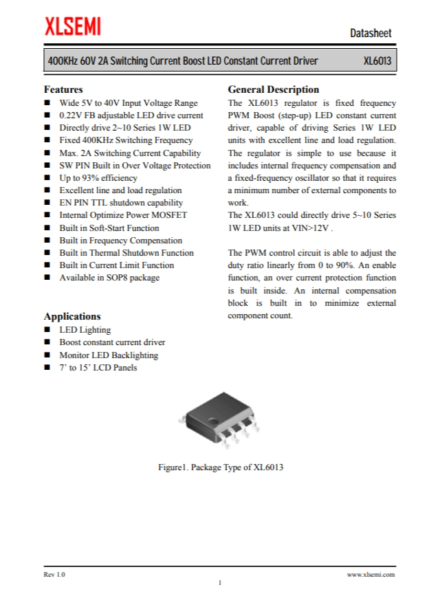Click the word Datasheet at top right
point(371,33)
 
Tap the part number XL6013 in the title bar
point(377,61)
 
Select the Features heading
point(63,89)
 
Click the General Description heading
point(273,89)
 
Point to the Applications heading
point(72,316)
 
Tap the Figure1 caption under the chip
point(220,467)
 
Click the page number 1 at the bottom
point(219,583)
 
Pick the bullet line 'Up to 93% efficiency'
point(98,178)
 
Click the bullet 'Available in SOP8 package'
point(109,278)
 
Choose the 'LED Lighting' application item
point(85,330)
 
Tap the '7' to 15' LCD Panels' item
point(98,368)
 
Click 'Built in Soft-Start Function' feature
point(109,228)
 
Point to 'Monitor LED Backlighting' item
point(108,355)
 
